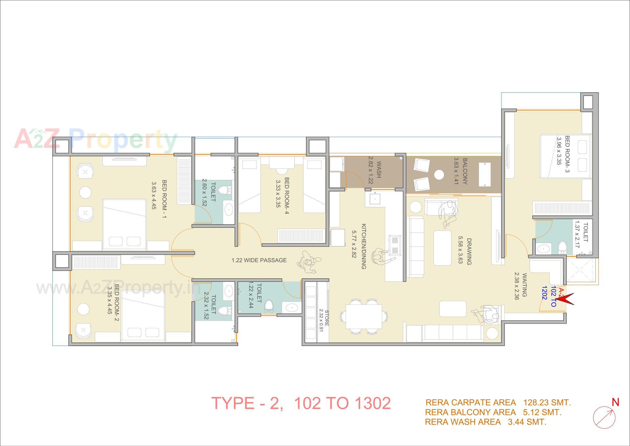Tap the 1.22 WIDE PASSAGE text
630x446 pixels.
click(259, 260)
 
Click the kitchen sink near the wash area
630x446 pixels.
click(374, 199)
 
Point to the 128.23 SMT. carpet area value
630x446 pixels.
click(547, 402)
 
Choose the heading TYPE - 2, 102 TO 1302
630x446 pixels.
click(301, 403)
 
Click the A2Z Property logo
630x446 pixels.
click(95, 140)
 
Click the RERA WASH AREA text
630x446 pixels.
click(463, 422)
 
